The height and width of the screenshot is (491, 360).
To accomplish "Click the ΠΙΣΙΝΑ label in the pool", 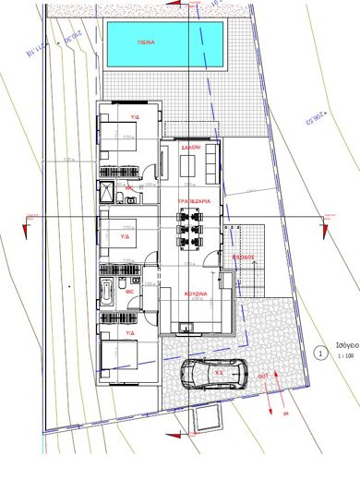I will [x=146, y=42].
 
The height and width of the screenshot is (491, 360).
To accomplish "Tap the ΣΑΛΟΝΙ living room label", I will [x=191, y=147].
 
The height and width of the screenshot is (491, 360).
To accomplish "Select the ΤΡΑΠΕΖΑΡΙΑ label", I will [x=193, y=200].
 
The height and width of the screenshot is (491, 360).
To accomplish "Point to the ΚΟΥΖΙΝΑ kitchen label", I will [x=194, y=293].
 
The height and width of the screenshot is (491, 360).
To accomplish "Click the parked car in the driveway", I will [x=211, y=374].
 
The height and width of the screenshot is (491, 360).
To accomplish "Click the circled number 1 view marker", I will [x=320, y=352].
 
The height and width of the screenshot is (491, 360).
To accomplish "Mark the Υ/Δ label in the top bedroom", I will [x=134, y=117].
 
